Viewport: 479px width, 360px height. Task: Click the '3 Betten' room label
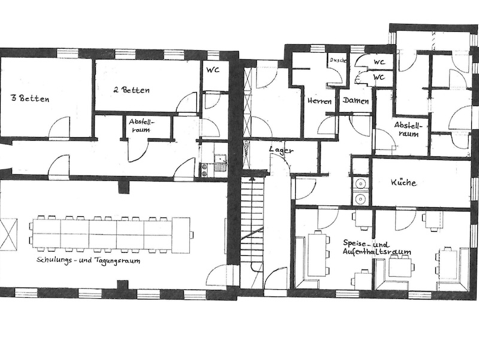30,99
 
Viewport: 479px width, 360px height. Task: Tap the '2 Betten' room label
132,90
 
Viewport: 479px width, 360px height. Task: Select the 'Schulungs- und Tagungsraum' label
88,261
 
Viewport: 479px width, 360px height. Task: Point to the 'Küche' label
404,183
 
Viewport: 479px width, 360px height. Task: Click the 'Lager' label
281,150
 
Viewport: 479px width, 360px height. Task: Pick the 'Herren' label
320,101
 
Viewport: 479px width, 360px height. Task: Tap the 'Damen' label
356,101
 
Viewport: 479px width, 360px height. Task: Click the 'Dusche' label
338,60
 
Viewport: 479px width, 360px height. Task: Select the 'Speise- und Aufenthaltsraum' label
377,248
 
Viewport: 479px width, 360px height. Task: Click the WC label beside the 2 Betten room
213,69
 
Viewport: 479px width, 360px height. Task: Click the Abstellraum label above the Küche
408,129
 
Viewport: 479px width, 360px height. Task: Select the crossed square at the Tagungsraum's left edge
8,234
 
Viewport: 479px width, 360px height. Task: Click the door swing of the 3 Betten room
59,128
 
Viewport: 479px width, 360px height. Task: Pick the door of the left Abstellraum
138,151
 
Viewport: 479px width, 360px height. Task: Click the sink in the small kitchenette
220,159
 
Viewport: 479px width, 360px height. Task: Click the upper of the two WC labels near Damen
379,62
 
